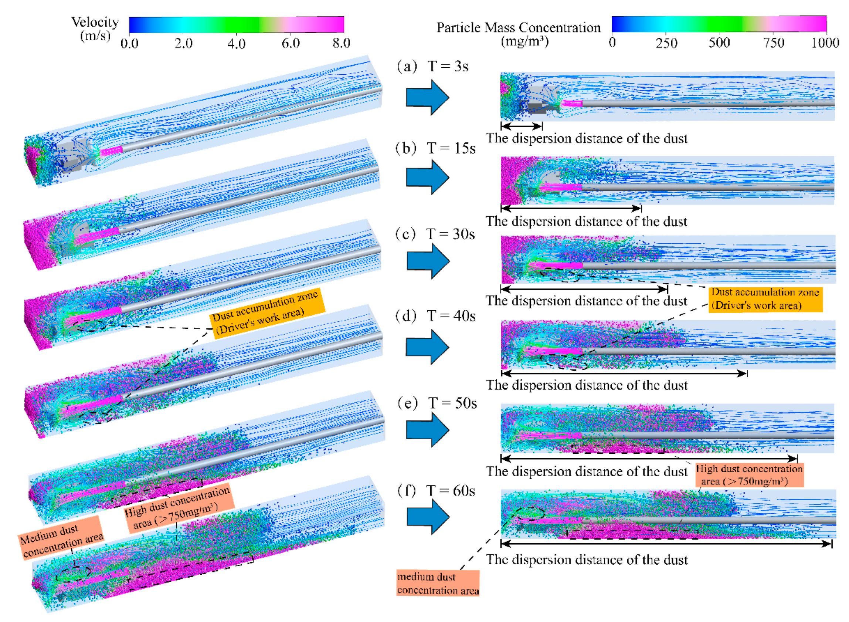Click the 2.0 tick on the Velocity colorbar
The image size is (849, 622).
click(183, 43)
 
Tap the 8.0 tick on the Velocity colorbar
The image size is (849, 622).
click(341, 43)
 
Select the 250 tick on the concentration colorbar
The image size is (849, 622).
click(666, 43)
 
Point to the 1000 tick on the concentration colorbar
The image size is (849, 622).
click(825, 43)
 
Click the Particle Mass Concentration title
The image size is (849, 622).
click(518, 28)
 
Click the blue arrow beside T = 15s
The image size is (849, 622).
click(428, 177)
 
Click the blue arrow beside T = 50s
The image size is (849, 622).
click(428, 429)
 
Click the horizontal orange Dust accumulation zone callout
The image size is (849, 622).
click(765, 298)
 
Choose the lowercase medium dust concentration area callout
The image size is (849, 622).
click(438, 583)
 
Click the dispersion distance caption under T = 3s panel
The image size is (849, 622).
click(586, 139)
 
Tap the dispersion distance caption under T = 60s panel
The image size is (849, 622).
click(586, 560)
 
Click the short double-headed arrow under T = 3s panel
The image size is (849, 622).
click(521, 126)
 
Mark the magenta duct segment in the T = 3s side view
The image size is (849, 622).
click(571, 103)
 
